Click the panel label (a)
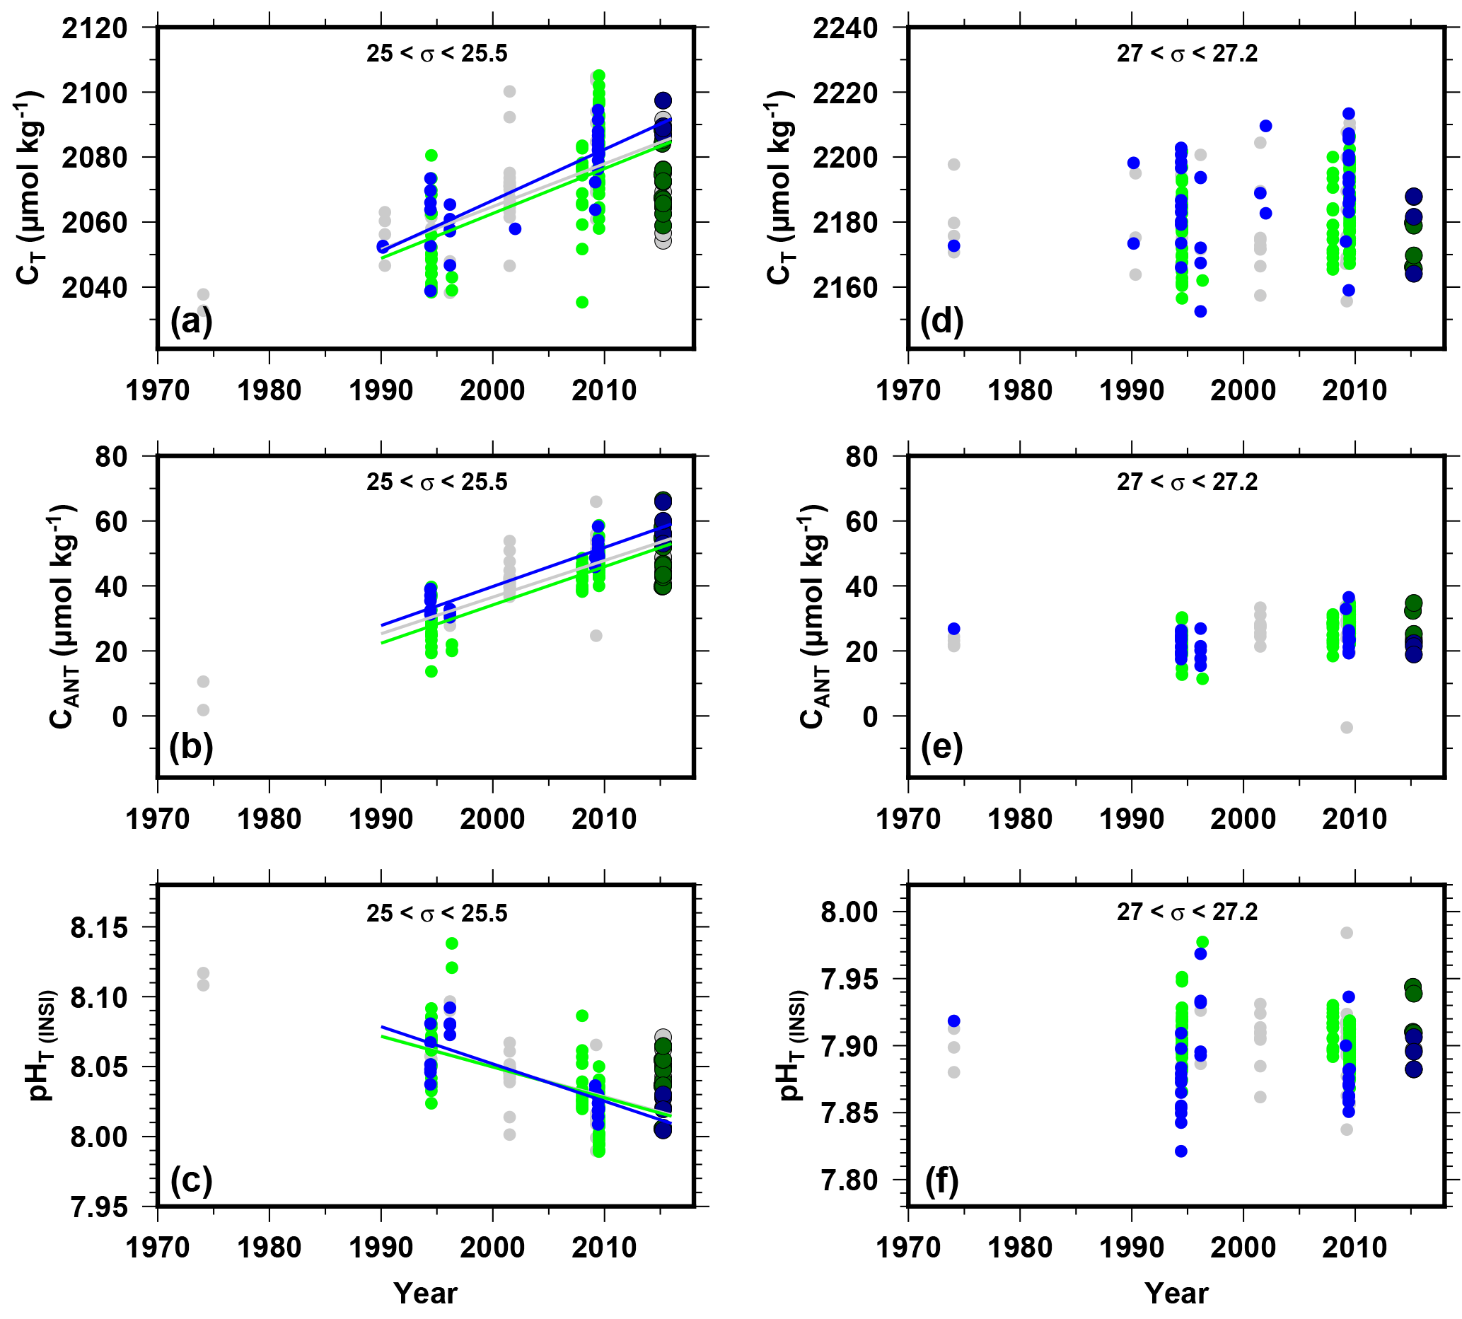[191, 320]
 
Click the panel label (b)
[191, 747]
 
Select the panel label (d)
[941, 320]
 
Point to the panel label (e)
[941, 747]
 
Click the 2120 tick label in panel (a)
[94, 28]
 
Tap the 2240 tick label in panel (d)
[845, 28]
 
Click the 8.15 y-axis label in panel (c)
[98, 928]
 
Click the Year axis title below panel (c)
[426, 1294]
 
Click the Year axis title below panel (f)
[1176, 1294]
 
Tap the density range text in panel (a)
[436, 54]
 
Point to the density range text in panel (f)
[1188, 912]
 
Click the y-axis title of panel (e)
[813, 616]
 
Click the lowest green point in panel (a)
[582, 302]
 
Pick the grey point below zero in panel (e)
[1347, 728]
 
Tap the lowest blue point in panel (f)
[1180, 1151]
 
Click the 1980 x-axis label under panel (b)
[269, 819]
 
